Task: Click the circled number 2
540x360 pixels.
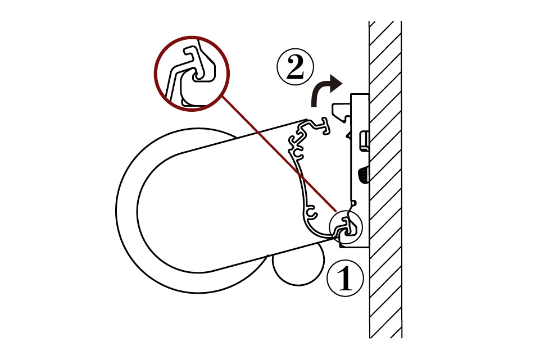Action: coord(295,68)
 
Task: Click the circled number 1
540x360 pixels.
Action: coord(344,278)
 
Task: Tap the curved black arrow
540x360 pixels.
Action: coord(324,90)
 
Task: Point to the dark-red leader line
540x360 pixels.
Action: coord(279,153)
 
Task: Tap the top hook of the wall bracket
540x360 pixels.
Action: coord(341,111)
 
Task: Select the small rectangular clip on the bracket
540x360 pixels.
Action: coord(364,140)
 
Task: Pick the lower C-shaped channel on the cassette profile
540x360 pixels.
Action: coord(311,212)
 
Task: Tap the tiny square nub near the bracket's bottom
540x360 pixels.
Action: coord(355,202)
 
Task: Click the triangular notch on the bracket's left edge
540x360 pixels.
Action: coord(349,135)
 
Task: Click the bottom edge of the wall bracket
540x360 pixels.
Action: coord(355,247)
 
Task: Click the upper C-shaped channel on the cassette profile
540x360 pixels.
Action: coord(298,153)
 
